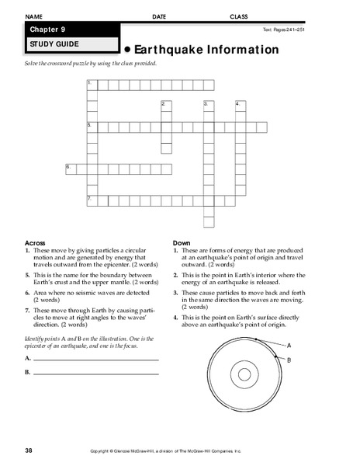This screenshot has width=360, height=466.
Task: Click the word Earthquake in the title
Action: click(x=170, y=50)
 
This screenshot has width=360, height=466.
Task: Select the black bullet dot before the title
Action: click(x=128, y=50)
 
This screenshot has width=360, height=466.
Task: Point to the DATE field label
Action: click(x=158, y=16)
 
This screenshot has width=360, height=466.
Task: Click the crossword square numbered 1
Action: click(x=92, y=83)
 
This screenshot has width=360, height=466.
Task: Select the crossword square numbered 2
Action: click(x=165, y=105)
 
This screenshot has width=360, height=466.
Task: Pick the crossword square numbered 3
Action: click(x=208, y=105)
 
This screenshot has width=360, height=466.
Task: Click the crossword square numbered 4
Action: click(x=240, y=105)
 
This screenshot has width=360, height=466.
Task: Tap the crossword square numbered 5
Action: click(x=92, y=126)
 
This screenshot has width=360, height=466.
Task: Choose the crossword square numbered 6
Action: click(x=71, y=168)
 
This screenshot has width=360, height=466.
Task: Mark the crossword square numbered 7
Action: click(x=92, y=200)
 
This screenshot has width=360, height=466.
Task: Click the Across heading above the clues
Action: click(x=36, y=243)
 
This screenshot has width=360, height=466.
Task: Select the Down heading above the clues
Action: click(x=182, y=243)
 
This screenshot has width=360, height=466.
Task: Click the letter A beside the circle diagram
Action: click(x=289, y=344)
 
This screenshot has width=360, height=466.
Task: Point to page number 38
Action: click(x=29, y=450)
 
